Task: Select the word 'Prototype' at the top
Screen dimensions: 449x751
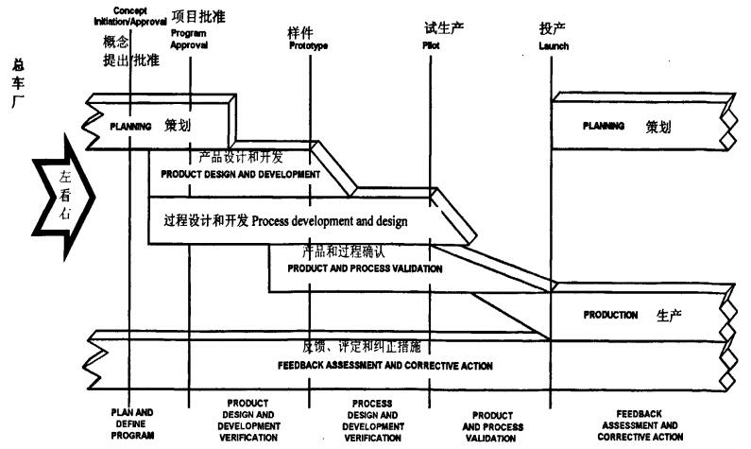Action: (308, 45)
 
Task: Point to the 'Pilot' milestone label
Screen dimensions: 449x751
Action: (434, 44)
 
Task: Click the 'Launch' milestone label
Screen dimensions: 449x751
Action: (555, 44)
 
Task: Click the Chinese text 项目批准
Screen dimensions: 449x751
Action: (199, 17)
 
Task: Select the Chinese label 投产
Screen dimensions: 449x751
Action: (553, 29)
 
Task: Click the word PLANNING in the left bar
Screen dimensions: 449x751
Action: (130, 126)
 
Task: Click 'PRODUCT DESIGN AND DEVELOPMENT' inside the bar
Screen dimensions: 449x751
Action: (241, 174)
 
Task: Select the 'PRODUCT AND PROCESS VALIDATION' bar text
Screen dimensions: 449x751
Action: (365, 268)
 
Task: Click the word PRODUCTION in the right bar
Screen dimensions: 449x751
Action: (610, 315)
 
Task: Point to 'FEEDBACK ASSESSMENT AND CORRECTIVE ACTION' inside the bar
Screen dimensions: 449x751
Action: (384, 365)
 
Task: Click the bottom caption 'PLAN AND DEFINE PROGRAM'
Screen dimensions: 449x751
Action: (131, 424)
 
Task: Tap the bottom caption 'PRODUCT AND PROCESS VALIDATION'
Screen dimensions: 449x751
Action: (491, 425)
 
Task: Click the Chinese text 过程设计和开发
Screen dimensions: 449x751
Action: (205, 221)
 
